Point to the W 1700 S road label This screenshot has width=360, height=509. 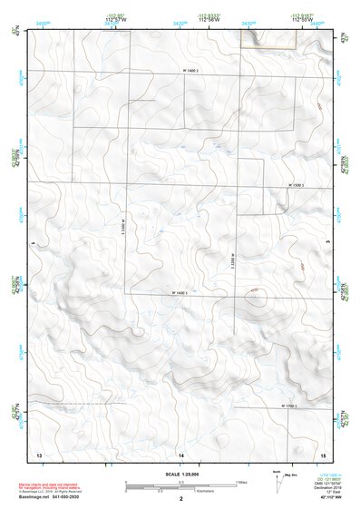(x=289, y=406)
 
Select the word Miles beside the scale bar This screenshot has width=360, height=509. (x=240, y=482)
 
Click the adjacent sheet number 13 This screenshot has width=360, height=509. (x=39, y=453)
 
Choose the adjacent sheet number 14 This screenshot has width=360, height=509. (x=180, y=453)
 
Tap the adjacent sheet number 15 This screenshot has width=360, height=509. (x=322, y=453)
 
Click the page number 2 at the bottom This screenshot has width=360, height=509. (x=181, y=498)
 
